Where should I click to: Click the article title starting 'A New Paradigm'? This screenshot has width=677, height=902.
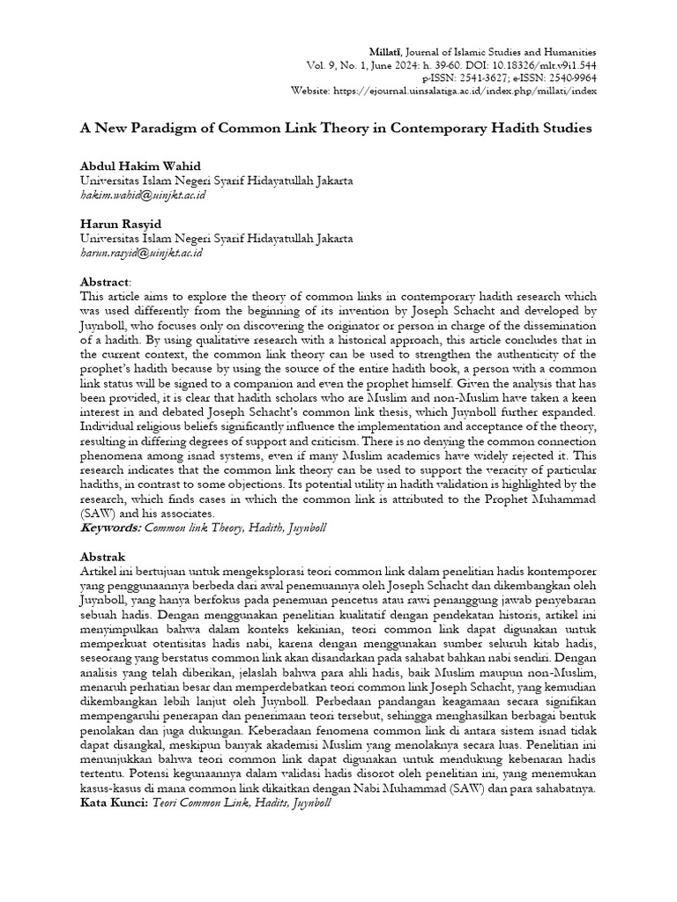coord(336,128)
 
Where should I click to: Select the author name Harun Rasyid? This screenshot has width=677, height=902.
coord(116,224)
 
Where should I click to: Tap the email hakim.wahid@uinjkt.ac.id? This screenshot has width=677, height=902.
coord(142,195)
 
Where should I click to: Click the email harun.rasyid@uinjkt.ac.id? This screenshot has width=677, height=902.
coord(141,252)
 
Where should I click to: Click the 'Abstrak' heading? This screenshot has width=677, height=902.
coord(102,557)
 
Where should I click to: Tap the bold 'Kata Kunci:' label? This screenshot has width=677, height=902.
coord(115,803)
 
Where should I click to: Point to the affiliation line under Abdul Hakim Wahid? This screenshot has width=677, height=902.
coord(216,181)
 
